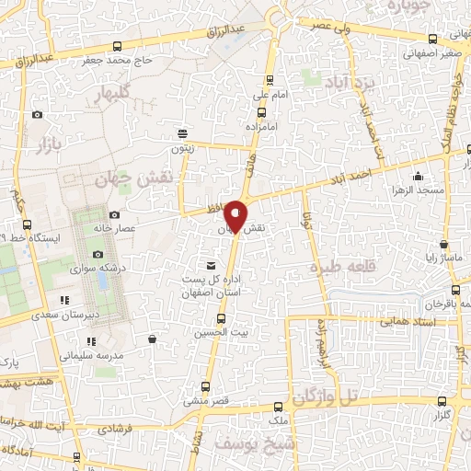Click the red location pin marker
235,215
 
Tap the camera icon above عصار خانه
113,214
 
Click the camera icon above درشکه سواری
98,255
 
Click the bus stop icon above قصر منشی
205,386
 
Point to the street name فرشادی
116,429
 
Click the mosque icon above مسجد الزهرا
419,177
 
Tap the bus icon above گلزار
442,401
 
